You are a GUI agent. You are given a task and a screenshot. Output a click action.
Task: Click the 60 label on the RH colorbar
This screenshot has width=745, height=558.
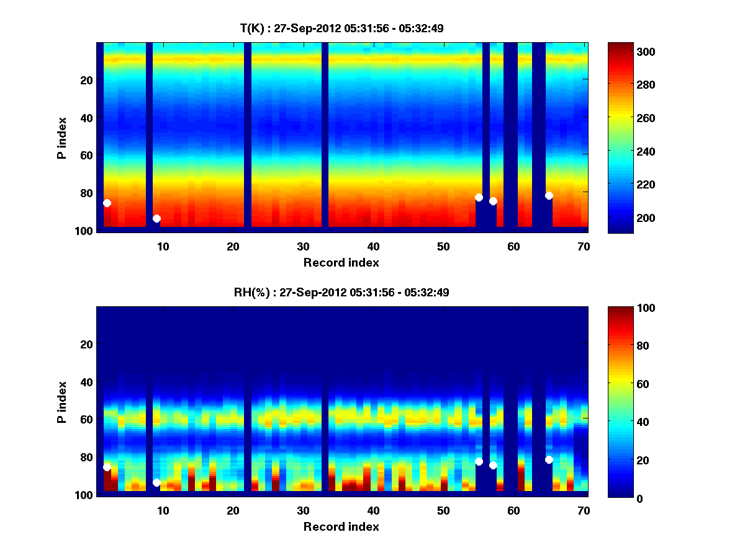click(x=621, y=384)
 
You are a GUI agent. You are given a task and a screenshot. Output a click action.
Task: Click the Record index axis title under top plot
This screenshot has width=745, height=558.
click(x=341, y=262)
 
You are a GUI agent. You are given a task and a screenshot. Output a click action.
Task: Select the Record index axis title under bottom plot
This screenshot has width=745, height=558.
click(x=341, y=526)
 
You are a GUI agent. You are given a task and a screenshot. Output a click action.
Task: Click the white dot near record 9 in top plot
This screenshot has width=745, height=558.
click(x=156, y=218)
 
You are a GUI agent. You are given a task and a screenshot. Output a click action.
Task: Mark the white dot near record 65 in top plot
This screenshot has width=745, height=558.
click(x=549, y=196)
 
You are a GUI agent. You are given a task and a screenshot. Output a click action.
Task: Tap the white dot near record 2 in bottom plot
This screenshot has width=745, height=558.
click(x=107, y=467)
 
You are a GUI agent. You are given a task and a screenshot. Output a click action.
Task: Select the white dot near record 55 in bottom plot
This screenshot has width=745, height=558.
click(x=479, y=461)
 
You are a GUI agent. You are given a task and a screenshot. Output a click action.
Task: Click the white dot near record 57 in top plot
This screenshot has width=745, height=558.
click(x=493, y=201)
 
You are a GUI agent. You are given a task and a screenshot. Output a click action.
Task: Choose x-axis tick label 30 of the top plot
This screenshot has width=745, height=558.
click(x=303, y=246)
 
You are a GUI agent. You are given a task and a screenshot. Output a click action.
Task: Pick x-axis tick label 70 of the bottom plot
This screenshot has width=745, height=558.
click(x=584, y=510)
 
